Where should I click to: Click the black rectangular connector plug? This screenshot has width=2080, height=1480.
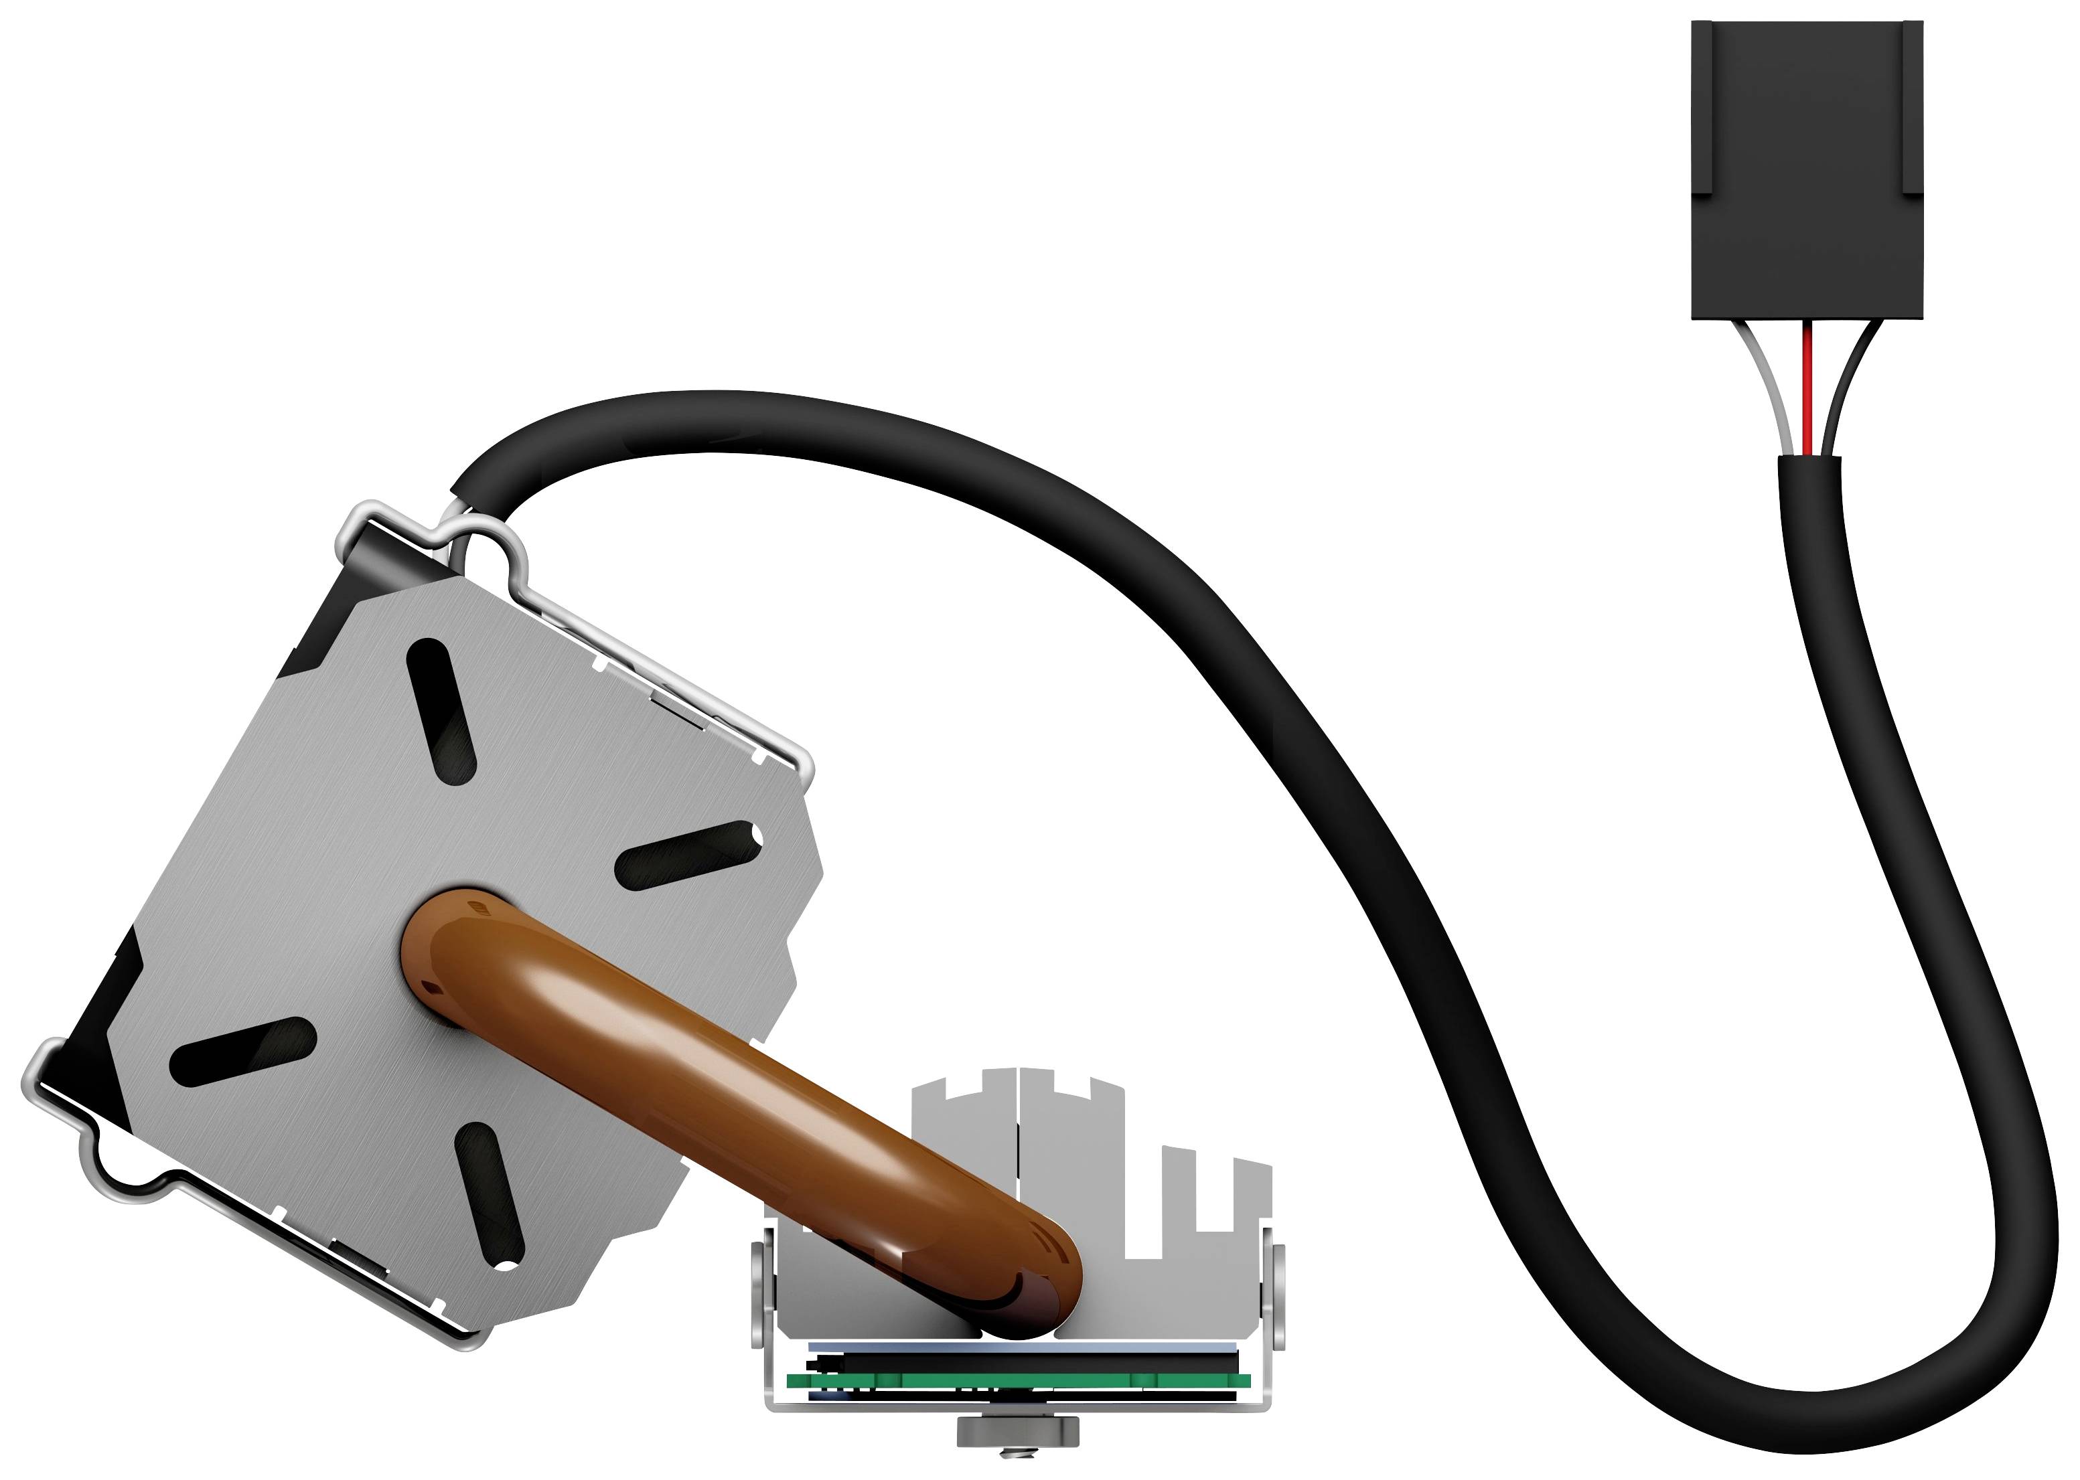[x=1807, y=173]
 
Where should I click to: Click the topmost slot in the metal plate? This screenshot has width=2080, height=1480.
[x=442, y=711]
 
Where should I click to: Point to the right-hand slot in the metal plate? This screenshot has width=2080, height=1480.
[x=688, y=854]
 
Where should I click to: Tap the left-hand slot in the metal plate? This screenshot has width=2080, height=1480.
[x=242, y=1052]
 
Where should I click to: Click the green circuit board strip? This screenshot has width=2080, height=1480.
[x=1012, y=1381]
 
